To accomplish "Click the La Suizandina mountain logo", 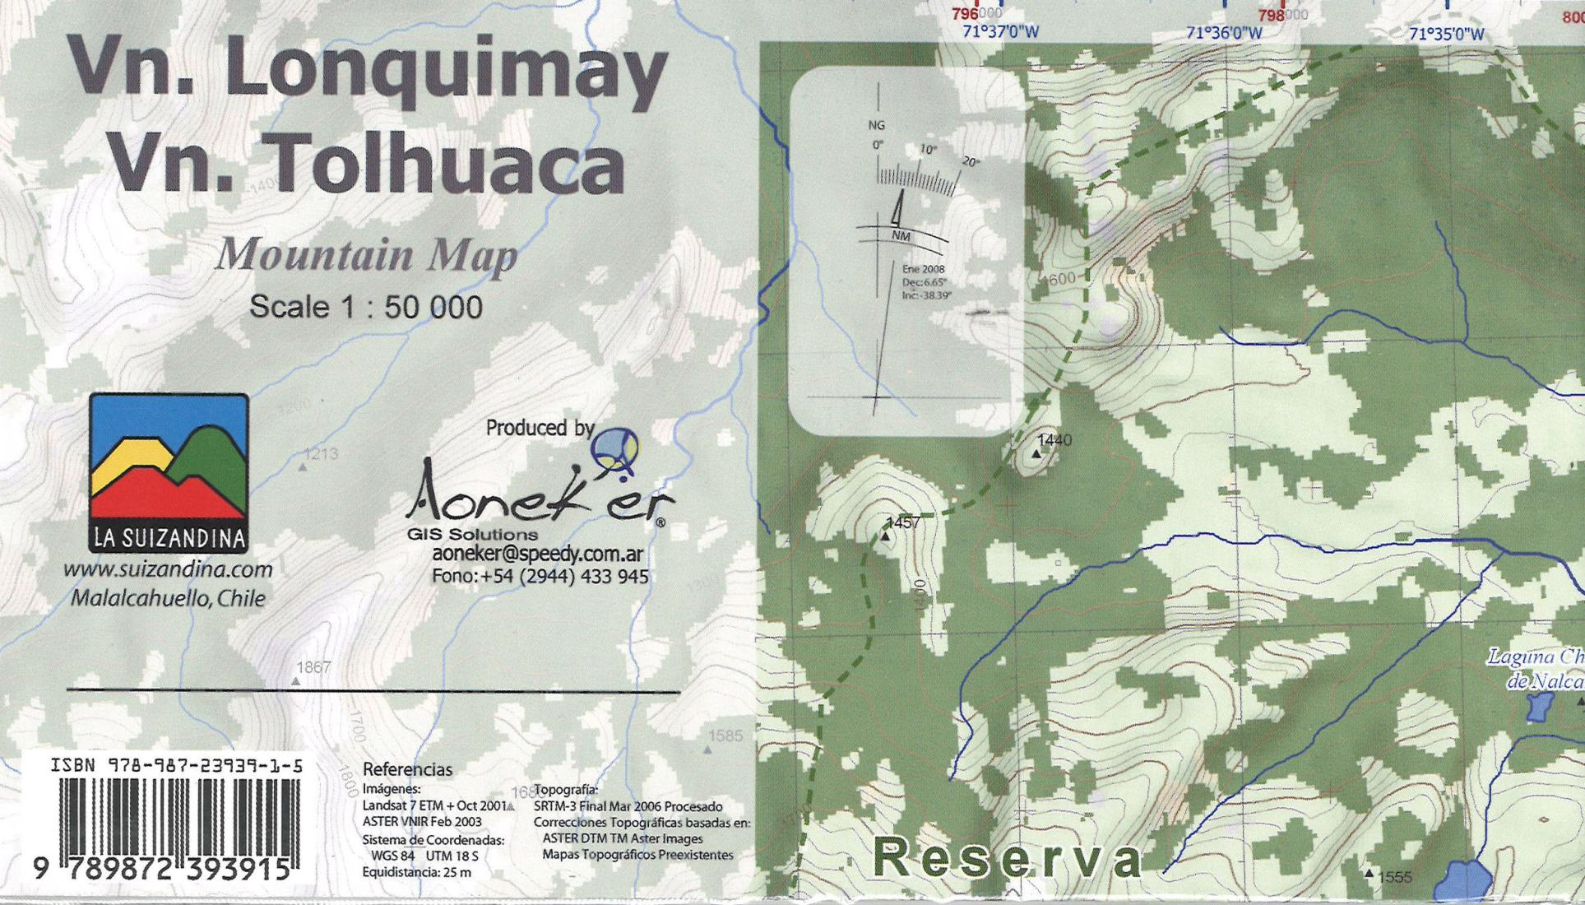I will (169, 472).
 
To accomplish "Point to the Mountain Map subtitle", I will (367, 255).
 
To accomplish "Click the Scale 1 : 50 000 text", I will (366, 307).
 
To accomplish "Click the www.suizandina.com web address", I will (168, 569).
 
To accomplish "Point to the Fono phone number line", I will (540, 577).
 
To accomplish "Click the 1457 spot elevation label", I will (902, 522).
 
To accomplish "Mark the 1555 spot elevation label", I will (1394, 877).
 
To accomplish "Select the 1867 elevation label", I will (313, 667).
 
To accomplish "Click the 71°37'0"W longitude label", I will (1000, 32).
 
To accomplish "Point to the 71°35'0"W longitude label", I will (1447, 34).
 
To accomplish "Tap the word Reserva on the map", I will (1008, 859).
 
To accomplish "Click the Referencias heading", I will (407, 770).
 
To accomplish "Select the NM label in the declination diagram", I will (901, 236).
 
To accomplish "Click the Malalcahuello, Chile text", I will (168, 598).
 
